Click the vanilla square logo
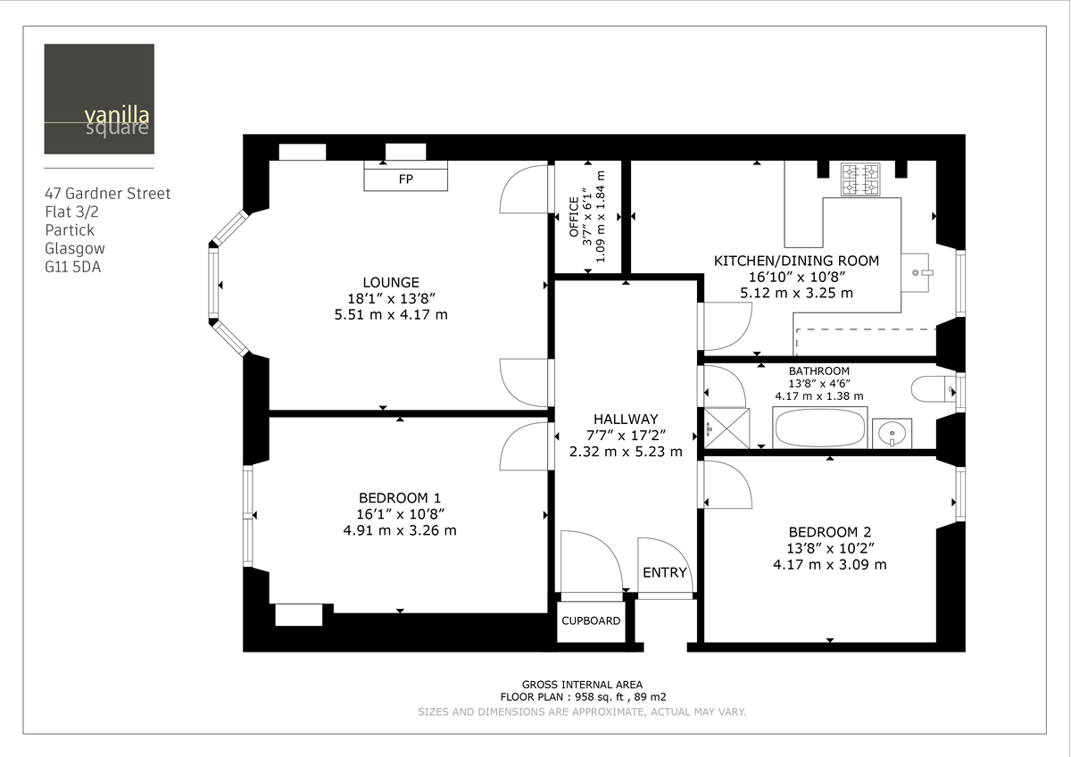99,99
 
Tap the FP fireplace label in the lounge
405,179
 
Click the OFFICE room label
574,218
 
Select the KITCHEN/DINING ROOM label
796,261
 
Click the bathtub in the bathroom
820,428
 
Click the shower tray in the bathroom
724,428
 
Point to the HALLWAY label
626,419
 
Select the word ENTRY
665,572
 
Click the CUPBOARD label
590,620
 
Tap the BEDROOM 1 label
399,497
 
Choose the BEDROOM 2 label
829,531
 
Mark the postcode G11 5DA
73,266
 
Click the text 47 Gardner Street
107,194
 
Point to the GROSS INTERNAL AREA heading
582,685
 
